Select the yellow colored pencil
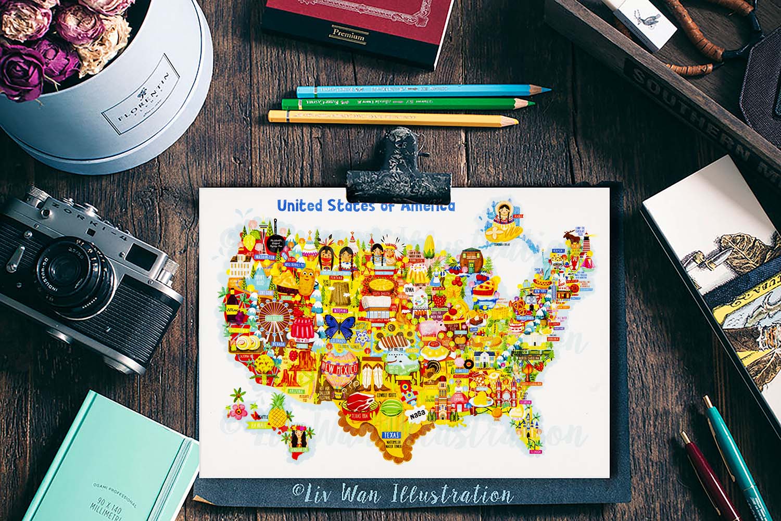pos(391,118)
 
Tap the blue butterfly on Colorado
pos(339,327)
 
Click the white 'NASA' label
pos(418,415)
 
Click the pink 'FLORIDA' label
pos(535,452)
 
